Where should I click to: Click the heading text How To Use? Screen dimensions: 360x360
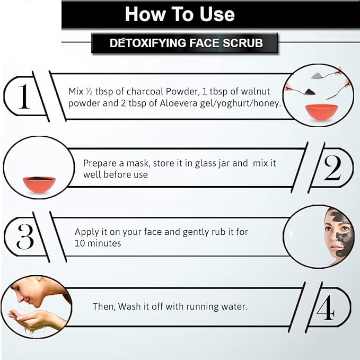click(x=180, y=14)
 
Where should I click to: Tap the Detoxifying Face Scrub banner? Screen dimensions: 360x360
click(x=185, y=43)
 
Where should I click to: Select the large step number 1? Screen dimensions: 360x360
click(x=24, y=96)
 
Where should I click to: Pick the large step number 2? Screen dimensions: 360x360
click(x=332, y=168)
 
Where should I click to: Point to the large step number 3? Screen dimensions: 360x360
click(x=25, y=236)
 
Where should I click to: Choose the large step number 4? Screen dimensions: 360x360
click(x=326, y=307)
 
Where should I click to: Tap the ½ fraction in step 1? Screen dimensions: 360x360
click(x=89, y=92)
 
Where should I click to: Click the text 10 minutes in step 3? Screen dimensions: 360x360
click(x=98, y=243)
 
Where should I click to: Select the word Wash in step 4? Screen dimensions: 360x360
click(x=129, y=306)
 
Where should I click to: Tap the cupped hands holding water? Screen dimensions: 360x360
click(x=34, y=320)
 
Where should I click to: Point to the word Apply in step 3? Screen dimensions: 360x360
click(x=88, y=232)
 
